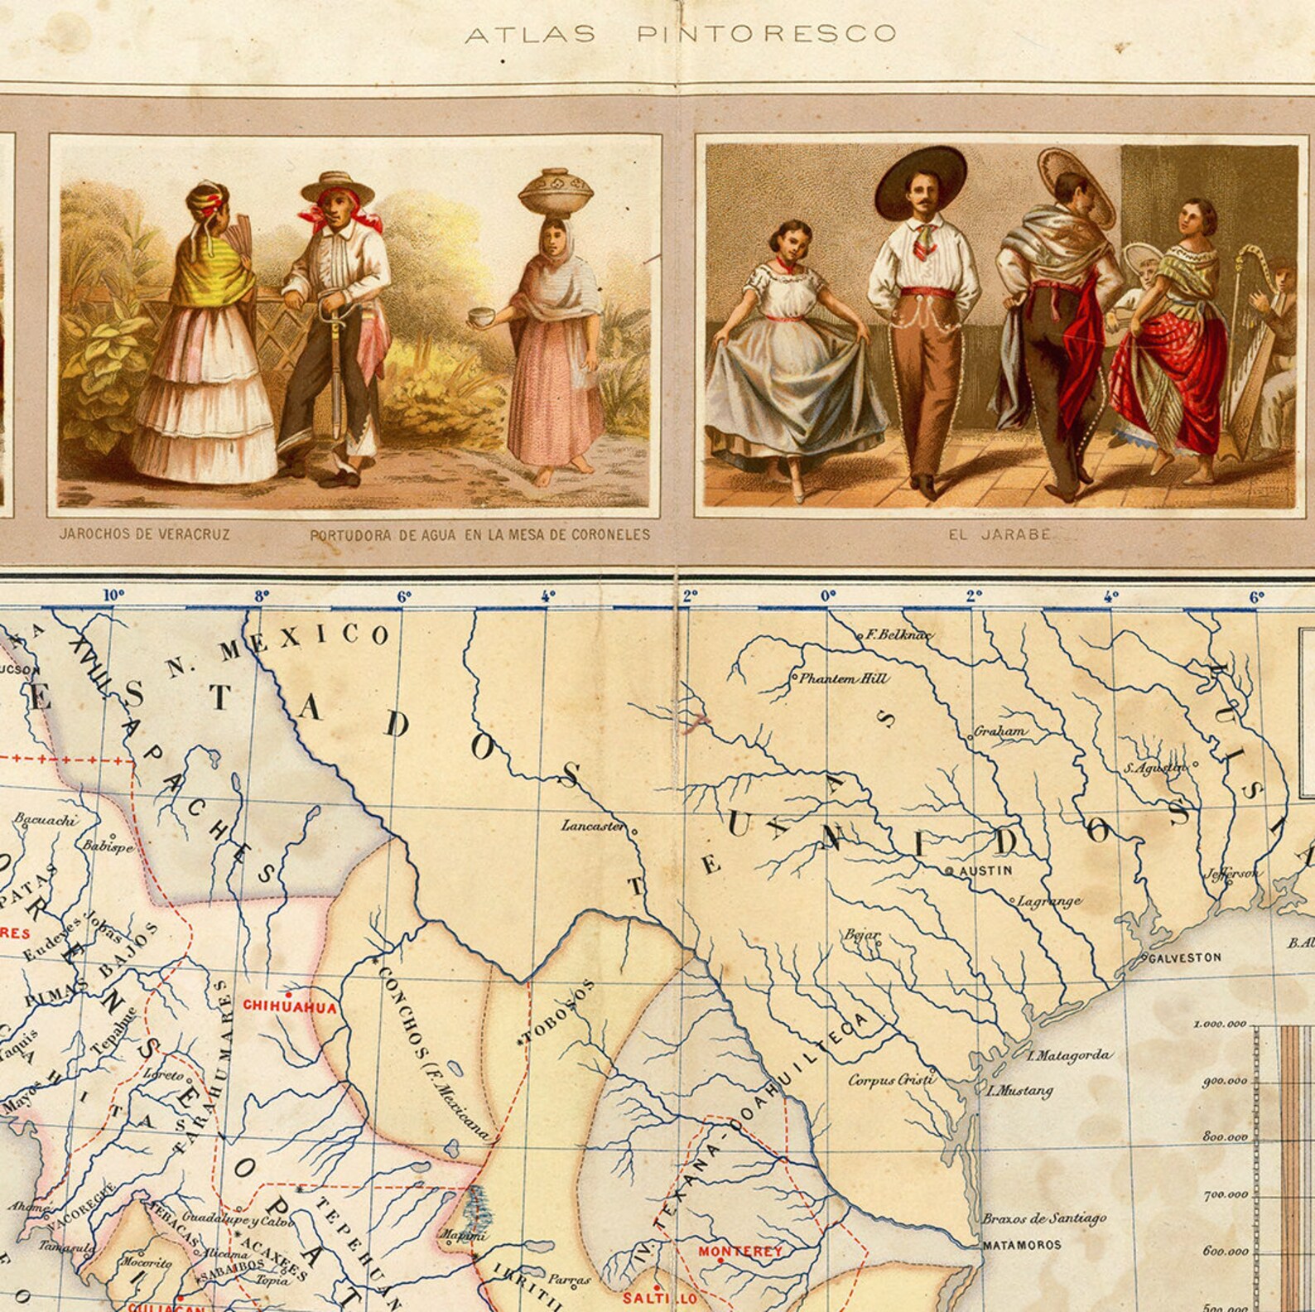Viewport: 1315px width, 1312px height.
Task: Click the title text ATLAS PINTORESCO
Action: coord(680,34)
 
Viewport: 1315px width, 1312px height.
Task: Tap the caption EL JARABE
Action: coord(999,534)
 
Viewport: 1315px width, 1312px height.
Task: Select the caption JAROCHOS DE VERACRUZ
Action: coord(144,534)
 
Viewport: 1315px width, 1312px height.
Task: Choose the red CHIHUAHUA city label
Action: coord(289,1007)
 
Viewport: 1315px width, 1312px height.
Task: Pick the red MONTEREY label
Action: coord(739,1251)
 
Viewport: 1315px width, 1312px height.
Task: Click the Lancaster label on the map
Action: coord(592,826)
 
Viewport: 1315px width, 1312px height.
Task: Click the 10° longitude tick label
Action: coord(113,595)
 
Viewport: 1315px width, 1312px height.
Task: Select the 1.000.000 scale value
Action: coord(1219,1024)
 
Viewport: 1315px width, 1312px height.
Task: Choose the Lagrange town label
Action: coord(1048,901)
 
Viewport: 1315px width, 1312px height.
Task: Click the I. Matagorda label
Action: coord(1067,1054)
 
